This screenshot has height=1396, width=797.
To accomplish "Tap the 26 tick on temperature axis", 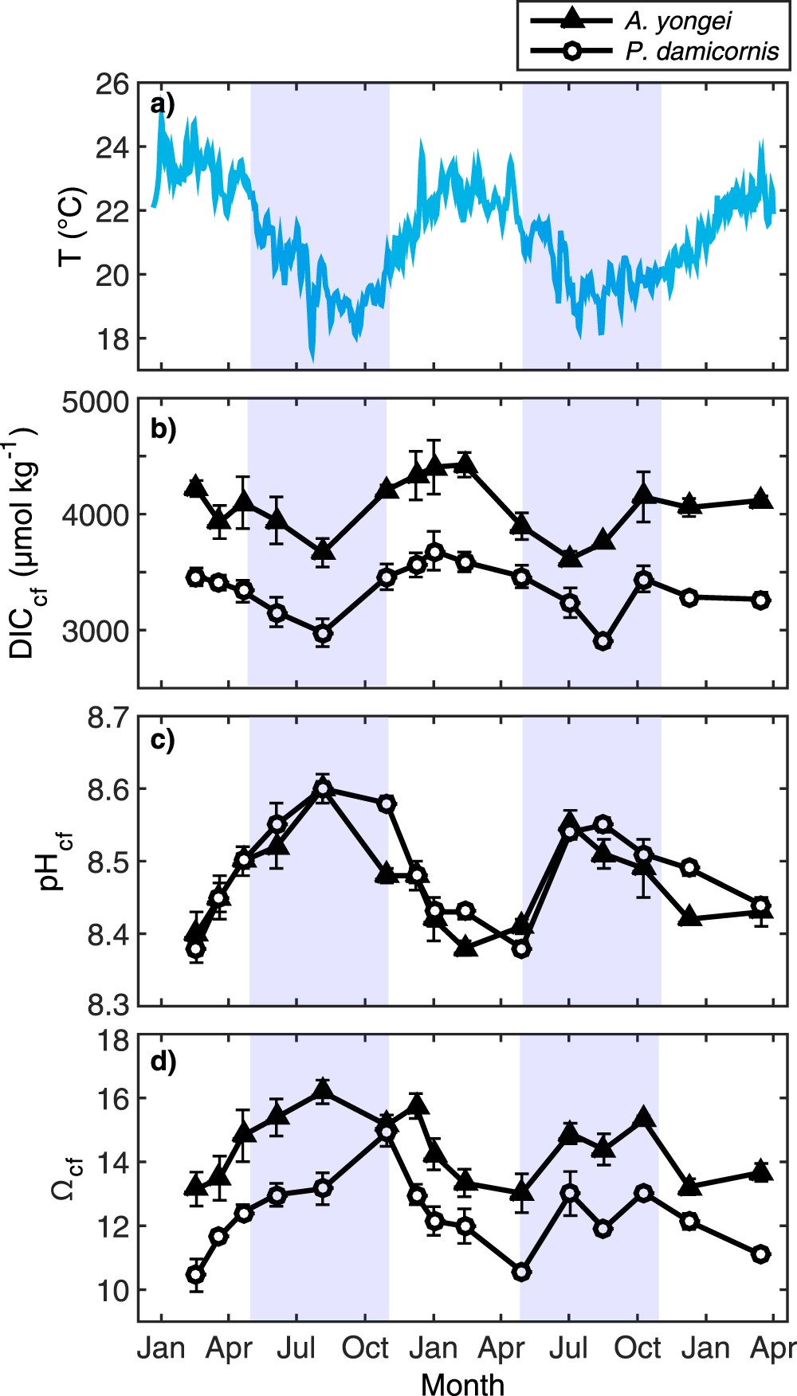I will point(112,84).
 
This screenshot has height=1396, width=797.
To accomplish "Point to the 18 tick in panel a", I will point(112,338).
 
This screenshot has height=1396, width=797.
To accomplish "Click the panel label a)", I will point(162,104).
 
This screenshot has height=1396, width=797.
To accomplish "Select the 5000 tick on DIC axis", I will point(96,401).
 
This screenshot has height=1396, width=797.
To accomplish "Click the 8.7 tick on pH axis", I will point(108,718).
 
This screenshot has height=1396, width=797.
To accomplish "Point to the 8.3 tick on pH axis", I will point(108,1005).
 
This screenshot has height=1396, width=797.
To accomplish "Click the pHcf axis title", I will point(56,861).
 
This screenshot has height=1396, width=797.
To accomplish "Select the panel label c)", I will point(162,740).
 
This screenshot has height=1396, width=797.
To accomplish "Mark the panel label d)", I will point(163,1062).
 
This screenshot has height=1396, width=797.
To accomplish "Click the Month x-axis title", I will point(462,1384).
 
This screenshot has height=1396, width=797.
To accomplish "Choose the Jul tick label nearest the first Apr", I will point(296,1348).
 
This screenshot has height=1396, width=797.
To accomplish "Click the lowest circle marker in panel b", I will point(603,641).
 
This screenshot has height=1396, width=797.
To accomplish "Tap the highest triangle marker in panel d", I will point(323,1091).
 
